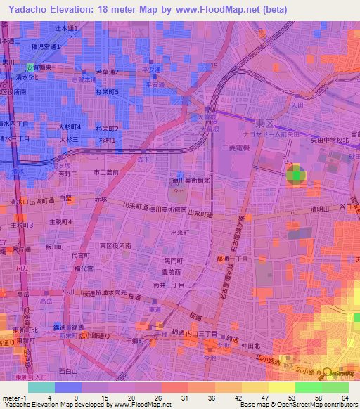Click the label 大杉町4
tap(70, 127)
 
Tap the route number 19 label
tap(214, 65)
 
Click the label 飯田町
tap(54, 247)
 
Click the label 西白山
tap(68, 370)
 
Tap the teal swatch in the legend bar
tap(41, 387)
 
